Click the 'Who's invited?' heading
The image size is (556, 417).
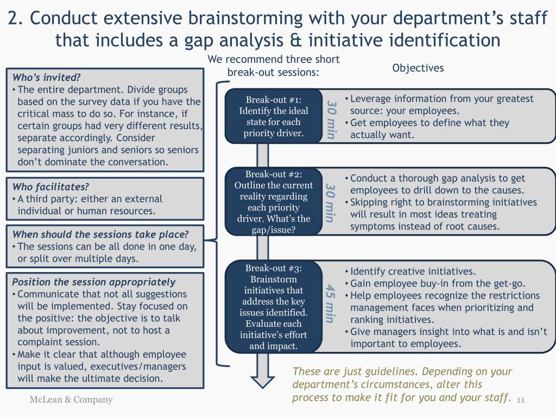pos(46,77)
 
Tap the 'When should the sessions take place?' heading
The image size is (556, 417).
pos(100,235)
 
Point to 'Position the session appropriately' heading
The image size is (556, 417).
pos(93,282)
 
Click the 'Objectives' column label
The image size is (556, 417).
pos(418,68)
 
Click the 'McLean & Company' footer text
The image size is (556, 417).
pos(71,400)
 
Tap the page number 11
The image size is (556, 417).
pos(521,400)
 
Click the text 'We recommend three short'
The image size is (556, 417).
pos(274,59)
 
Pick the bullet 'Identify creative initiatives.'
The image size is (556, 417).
pos(413,271)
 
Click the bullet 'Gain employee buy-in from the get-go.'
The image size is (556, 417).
pos(438,283)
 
